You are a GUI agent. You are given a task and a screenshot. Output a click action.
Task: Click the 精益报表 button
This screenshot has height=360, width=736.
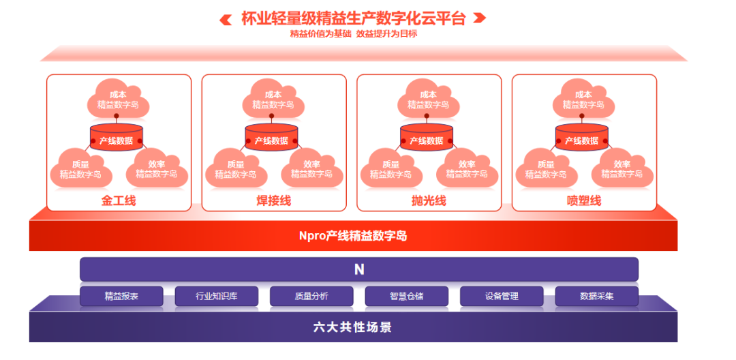(121, 296)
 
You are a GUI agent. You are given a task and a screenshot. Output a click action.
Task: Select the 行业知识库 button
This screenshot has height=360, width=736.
(217, 296)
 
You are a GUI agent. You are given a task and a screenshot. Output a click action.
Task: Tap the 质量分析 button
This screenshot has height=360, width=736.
(311, 296)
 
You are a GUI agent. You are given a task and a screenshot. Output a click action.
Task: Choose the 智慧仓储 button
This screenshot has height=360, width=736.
(407, 296)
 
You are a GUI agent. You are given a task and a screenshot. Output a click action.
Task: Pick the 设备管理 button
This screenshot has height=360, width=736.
(502, 296)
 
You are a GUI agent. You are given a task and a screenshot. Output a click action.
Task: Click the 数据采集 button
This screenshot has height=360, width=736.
(596, 296)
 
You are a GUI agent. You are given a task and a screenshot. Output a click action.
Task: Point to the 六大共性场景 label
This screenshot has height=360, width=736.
(353, 327)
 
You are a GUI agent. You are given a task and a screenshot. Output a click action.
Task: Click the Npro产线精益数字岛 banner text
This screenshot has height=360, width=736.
(353, 236)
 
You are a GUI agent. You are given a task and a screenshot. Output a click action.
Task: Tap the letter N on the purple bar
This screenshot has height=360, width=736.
(359, 269)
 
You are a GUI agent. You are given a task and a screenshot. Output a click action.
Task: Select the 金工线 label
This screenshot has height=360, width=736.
(119, 200)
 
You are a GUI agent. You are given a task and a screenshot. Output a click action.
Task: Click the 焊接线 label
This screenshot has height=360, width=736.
(274, 200)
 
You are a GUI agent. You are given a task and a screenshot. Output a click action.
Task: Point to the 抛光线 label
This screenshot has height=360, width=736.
(429, 200)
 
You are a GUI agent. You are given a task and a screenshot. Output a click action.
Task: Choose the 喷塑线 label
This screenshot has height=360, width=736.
(584, 200)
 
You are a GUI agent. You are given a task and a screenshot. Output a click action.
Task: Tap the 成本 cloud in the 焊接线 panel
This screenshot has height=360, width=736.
(273, 100)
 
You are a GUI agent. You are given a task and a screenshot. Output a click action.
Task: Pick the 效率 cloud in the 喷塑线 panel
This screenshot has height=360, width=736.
(622, 168)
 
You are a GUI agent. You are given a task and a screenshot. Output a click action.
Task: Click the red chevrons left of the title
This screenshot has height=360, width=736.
(226, 18)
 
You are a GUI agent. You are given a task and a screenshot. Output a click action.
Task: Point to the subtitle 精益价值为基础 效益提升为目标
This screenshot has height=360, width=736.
(353, 33)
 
